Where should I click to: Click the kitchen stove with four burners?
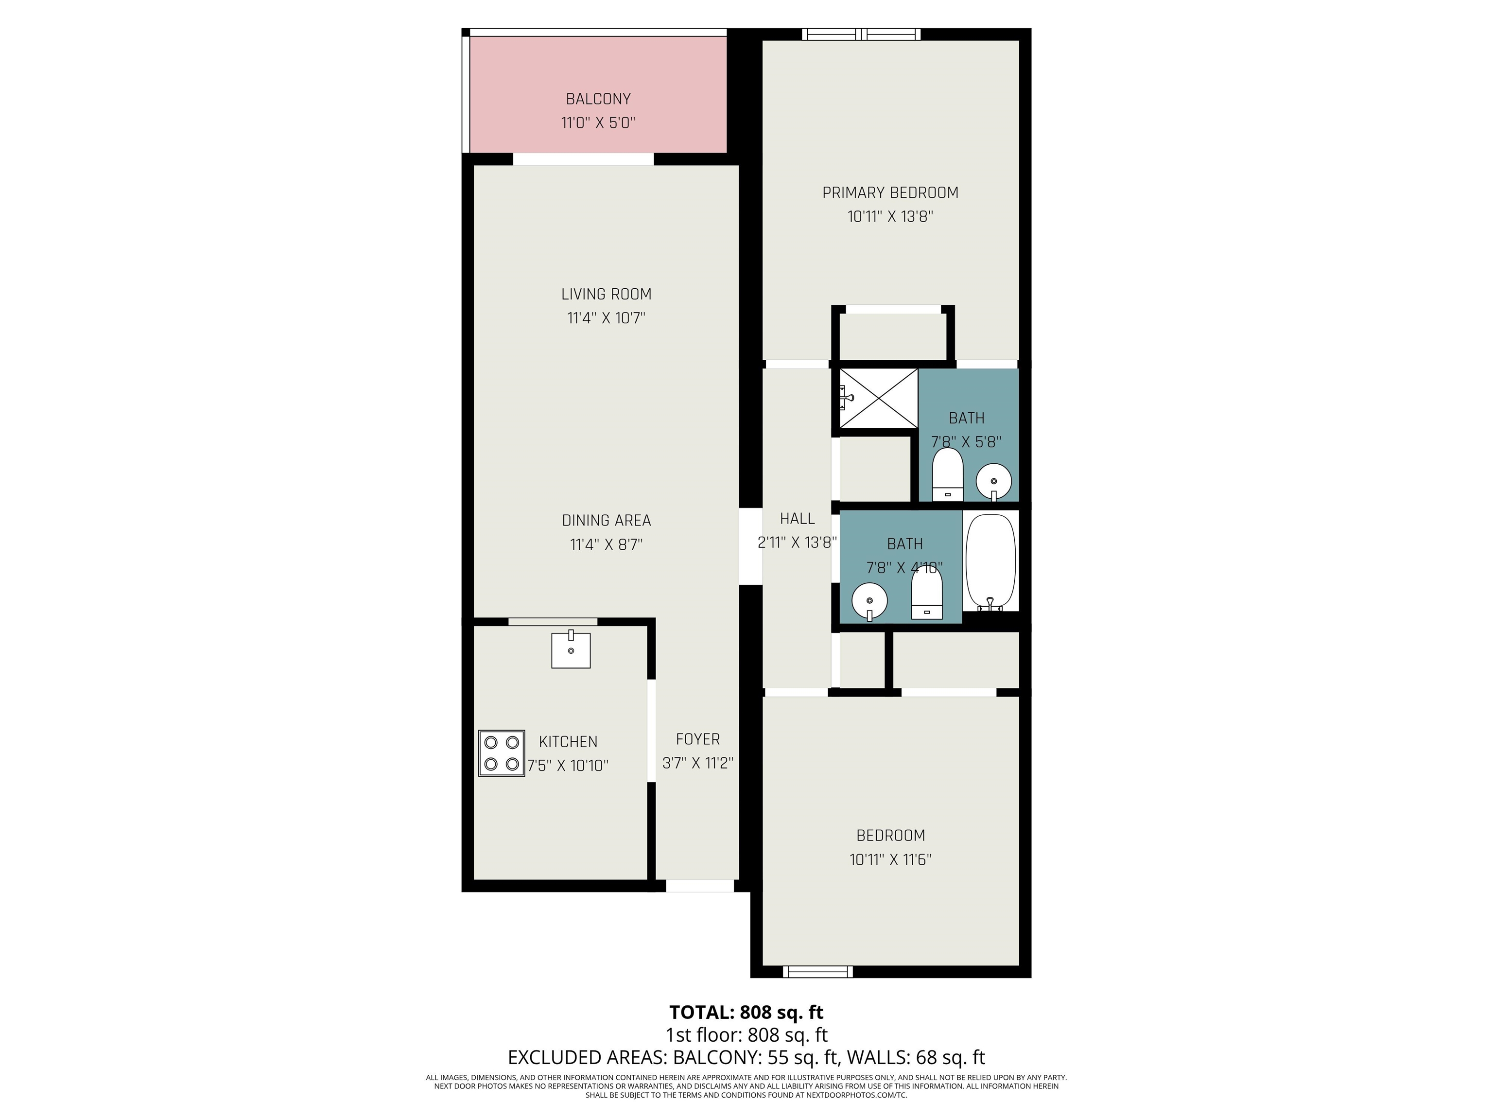[x=502, y=753]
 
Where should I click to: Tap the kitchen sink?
[x=571, y=649]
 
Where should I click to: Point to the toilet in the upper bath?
[x=948, y=474]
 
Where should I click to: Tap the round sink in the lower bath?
[x=869, y=601]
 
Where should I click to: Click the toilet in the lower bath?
[x=927, y=592]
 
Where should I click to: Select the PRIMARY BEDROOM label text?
[x=890, y=192]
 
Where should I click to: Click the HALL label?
[x=797, y=519]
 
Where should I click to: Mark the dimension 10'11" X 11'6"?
[x=890, y=859]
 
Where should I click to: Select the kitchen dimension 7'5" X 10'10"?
[x=568, y=766]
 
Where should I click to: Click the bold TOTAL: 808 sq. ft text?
[x=746, y=1012]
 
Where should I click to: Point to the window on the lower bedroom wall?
[x=817, y=971]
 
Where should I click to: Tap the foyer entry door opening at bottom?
[x=700, y=886]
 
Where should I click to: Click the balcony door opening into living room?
[x=583, y=159]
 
